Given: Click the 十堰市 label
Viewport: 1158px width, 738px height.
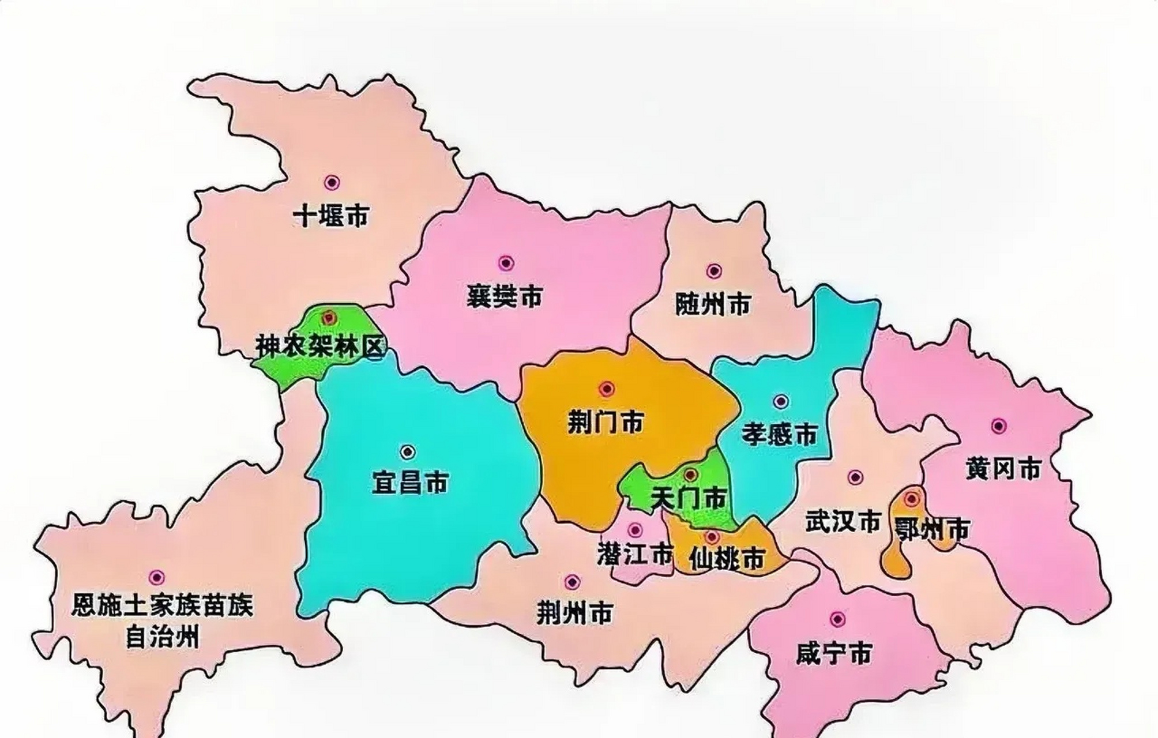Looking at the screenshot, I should click(x=331, y=216).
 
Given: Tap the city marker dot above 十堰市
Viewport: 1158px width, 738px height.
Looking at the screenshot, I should click(x=331, y=183).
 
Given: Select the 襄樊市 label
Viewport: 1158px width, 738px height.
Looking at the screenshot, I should click(x=505, y=297).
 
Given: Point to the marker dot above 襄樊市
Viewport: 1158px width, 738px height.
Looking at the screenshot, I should click(x=506, y=263).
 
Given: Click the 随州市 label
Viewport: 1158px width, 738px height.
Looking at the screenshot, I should click(x=713, y=304).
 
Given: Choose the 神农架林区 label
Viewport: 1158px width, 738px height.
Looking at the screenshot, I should click(x=320, y=347).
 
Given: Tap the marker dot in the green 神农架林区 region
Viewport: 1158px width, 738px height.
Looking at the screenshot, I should click(x=329, y=317).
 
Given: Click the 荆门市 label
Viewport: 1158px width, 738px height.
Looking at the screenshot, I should click(x=606, y=423).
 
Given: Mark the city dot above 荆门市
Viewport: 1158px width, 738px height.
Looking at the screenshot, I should click(x=606, y=389).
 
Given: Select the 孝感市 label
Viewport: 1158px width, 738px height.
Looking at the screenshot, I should click(x=780, y=434).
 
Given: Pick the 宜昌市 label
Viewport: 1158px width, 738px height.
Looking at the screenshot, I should click(x=410, y=483).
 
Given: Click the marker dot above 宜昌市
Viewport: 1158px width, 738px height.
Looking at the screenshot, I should click(x=408, y=451).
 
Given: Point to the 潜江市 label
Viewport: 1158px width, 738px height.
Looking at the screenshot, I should click(x=635, y=555).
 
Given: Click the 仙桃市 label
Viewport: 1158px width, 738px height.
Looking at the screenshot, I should click(x=727, y=558).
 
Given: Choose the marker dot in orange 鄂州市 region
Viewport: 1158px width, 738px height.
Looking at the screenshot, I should click(x=911, y=498).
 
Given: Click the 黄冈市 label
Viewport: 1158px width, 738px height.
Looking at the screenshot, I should click(x=1003, y=469).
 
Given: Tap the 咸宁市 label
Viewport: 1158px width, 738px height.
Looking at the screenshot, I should click(x=834, y=654).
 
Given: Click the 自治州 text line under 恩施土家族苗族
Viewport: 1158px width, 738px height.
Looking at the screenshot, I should click(x=162, y=638).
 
